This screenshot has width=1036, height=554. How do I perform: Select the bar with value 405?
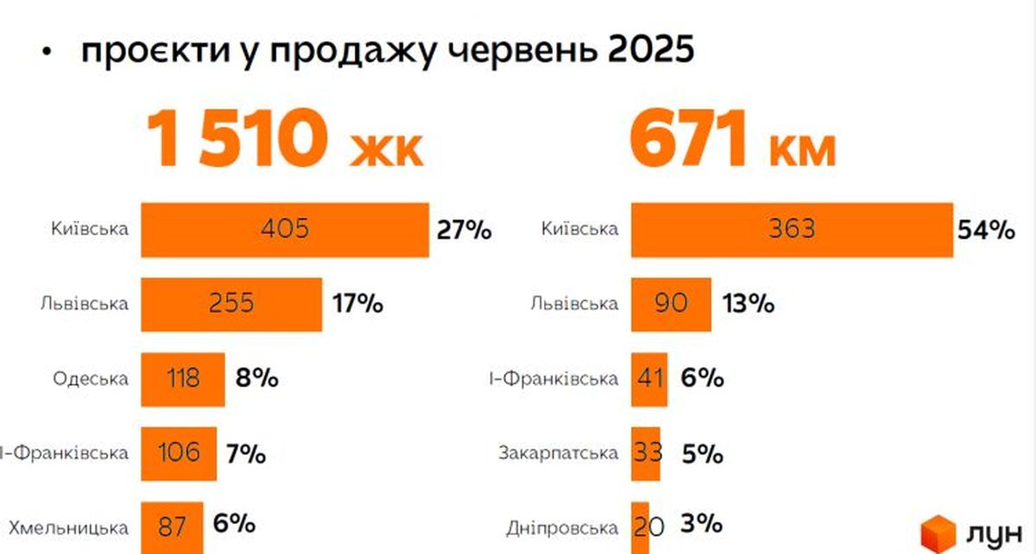click(x=285, y=230)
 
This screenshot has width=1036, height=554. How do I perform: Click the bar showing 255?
click(x=231, y=304)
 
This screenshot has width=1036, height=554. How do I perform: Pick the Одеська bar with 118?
click(x=183, y=379)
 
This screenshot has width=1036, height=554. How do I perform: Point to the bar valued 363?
click(x=792, y=230)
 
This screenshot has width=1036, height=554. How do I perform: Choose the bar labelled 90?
click(x=671, y=304)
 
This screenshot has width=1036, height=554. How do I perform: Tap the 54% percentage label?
click(x=985, y=230)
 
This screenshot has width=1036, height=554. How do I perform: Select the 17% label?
click(x=357, y=305)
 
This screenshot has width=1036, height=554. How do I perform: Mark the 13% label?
click(x=749, y=305)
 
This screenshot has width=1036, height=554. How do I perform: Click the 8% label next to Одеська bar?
click(x=256, y=379)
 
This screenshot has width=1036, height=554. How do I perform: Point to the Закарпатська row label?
click(x=559, y=453)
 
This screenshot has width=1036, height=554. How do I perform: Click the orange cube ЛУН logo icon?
click(x=938, y=531)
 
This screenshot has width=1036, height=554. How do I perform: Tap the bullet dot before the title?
click(x=47, y=54)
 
